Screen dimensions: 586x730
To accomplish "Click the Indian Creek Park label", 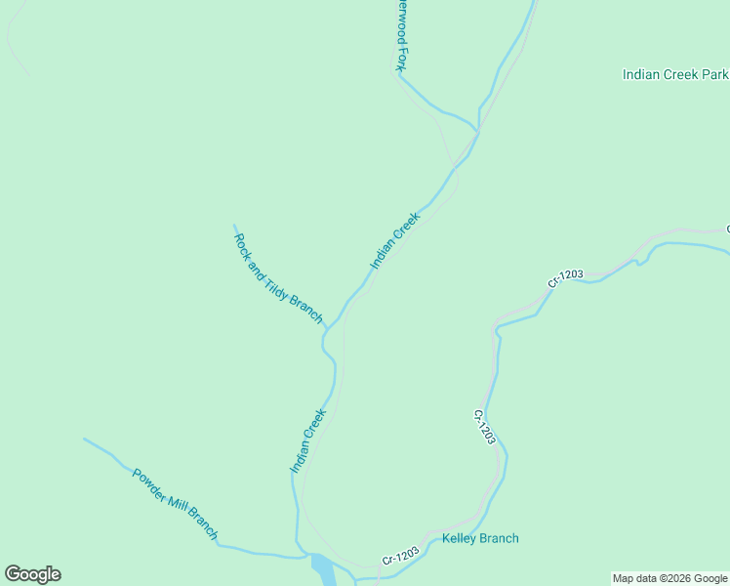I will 674,74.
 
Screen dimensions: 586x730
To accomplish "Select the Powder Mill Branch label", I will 175,504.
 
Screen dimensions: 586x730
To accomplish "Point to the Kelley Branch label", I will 480,538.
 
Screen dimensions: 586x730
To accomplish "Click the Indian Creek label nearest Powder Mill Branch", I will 307,440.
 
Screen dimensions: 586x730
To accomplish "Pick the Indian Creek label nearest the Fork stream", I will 394,240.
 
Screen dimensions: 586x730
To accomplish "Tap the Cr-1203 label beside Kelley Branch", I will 400,554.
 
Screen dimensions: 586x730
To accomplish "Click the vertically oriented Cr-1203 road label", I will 485,428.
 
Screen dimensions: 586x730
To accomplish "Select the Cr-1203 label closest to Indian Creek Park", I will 565,277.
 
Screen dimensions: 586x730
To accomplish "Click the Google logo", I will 32,574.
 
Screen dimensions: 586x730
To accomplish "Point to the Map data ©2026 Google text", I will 669,578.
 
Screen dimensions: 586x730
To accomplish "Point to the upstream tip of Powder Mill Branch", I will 84,439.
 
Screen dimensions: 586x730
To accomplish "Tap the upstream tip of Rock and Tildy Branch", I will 234,226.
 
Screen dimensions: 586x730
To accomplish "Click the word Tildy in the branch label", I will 280,279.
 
